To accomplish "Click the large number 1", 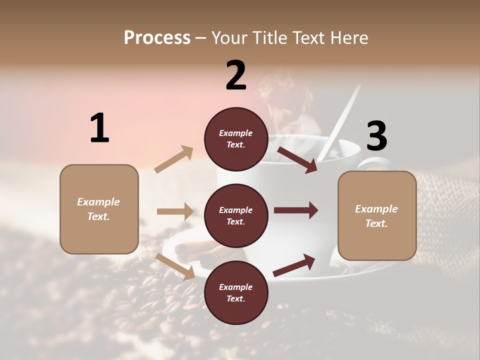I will coord(99,128).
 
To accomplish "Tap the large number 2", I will coord(236,75).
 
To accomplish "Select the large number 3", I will coord(376,136).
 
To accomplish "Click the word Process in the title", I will coord(157,37).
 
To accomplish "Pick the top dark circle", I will coord(235,138).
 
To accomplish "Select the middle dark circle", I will coord(235,215).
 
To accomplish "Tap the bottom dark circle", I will coord(235,292).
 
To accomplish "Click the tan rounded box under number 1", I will coord(99,209).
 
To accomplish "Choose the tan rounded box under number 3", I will coord(377,215).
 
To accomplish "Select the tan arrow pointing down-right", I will coord(175,266).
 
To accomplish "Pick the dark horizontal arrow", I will coord(295,210).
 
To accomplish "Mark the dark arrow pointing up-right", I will coord(294,265).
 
